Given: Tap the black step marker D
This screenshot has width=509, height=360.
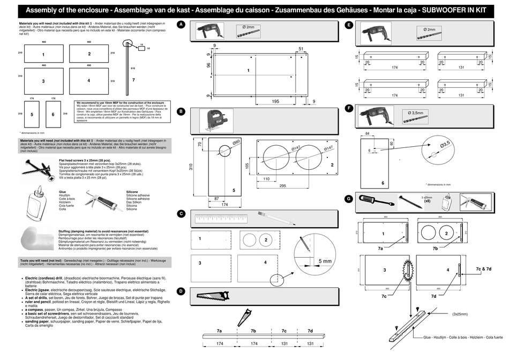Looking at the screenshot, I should (x=182, y=291).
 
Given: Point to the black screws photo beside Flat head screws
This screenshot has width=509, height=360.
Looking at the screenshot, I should (x=39, y=169).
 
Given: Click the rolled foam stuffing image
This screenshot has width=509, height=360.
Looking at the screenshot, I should (x=37, y=237).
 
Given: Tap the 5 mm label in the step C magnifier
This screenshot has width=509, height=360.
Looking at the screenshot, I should (x=325, y=261).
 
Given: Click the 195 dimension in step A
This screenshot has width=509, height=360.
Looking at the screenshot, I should (x=275, y=101).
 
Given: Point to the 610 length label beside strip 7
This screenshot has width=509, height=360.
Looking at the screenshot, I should (x=132, y=69).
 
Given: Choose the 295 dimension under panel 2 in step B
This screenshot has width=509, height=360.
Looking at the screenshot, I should (x=282, y=185).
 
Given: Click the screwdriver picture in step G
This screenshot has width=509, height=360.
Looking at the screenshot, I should (x=376, y=200).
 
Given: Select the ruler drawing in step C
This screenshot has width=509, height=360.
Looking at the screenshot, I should (x=220, y=219).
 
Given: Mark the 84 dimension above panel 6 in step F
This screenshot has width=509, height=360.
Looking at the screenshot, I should (x=367, y=133).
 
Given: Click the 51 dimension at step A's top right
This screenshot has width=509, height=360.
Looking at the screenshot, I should (x=301, y=49).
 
